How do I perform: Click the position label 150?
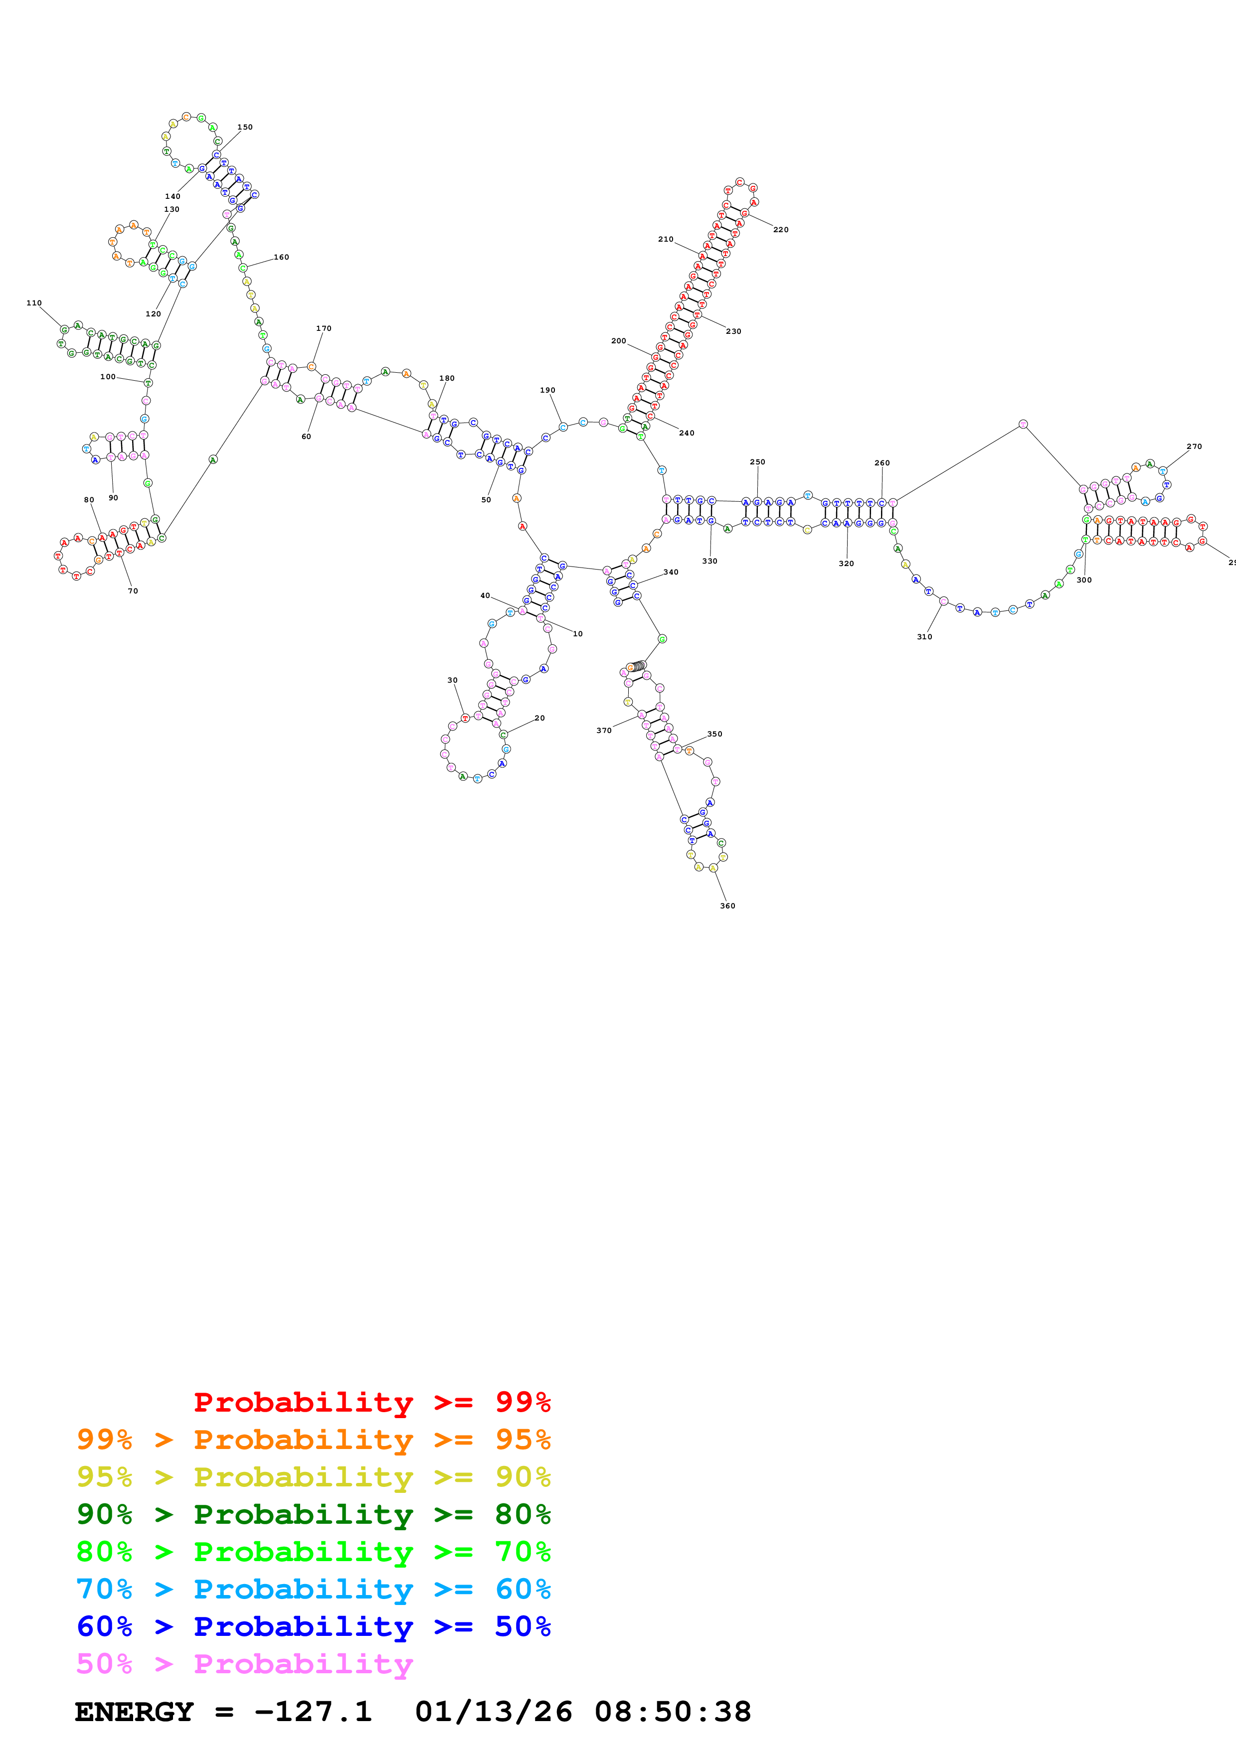coord(244,127)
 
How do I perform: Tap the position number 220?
coord(781,229)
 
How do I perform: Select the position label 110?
coord(34,303)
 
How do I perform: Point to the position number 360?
coord(727,906)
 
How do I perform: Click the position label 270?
coord(1193,447)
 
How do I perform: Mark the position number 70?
coord(133,591)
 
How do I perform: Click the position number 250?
coord(757,462)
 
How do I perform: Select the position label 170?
coord(324,329)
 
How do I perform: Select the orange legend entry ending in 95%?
coord(313,1440)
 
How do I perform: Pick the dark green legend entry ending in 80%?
coord(313,1514)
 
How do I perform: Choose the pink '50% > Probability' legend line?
coord(244,1664)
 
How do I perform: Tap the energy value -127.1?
coord(313,1712)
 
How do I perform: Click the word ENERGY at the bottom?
coord(134,1712)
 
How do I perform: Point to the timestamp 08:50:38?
coord(673,1712)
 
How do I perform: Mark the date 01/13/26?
coord(494,1712)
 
